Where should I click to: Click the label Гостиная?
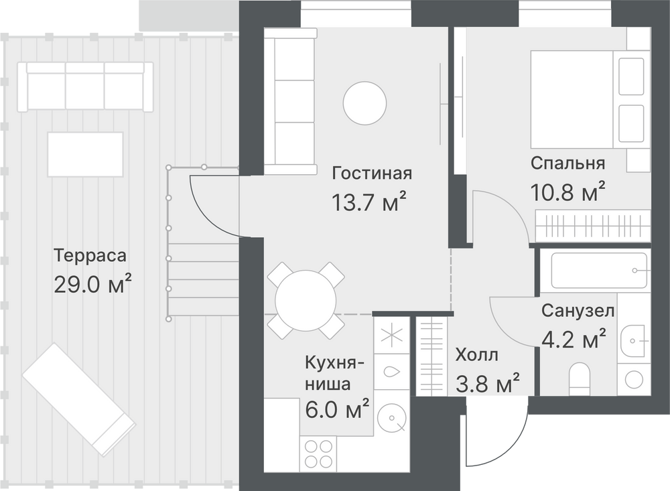point(372,173)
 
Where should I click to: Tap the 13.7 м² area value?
point(368,202)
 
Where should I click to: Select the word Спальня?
point(568,163)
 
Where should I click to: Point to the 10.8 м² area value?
point(568,192)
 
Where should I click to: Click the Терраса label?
point(90,255)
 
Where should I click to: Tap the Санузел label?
point(578,311)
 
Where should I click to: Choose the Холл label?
point(476,355)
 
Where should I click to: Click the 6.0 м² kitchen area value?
point(337,409)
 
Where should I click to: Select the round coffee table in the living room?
point(365,103)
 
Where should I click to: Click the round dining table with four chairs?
point(306,300)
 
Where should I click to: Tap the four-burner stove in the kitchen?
point(318,453)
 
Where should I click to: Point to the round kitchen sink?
point(392,418)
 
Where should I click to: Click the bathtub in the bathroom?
point(600,271)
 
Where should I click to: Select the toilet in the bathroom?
point(580,379)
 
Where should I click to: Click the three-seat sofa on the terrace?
point(85,87)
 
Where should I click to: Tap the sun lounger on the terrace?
point(79,399)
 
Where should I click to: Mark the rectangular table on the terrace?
point(86,154)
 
